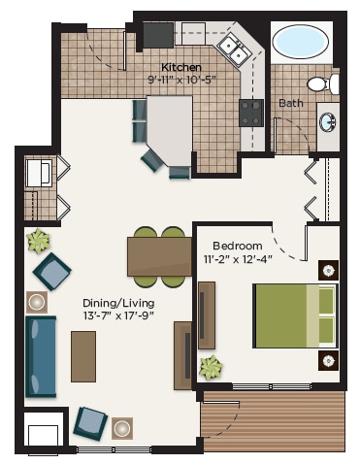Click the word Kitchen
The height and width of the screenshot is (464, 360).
pyautogui.click(x=180, y=67)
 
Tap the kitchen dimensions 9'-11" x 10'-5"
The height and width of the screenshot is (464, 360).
pyautogui.click(x=180, y=80)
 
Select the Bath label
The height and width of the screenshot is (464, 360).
pyautogui.click(x=289, y=103)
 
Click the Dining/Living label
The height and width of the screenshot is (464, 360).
pyautogui.click(x=117, y=303)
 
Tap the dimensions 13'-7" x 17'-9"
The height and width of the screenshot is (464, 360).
pyautogui.click(x=117, y=316)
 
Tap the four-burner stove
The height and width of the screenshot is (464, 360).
pyautogui.click(x=252, y=111)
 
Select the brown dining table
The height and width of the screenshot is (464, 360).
pyautogui.click(x=159, y=255)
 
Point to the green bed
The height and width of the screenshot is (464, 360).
pyautogui.click(x=295, y=315)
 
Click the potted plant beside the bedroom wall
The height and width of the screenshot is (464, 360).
pyautogui.click(x=211, y=367)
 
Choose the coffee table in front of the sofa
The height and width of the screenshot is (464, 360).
pyautogui.click(x=83, y=356)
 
